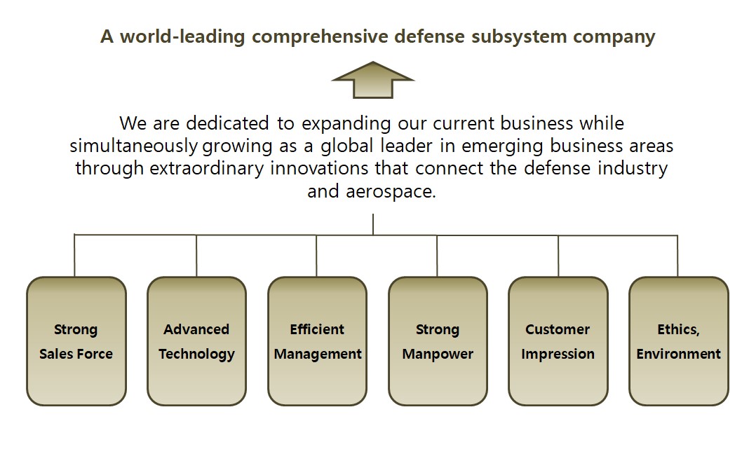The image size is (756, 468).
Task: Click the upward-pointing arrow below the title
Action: [x=372, y=80]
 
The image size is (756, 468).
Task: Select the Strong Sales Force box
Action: [x=76, y=341]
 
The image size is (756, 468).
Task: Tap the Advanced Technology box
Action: [x=196, y=341]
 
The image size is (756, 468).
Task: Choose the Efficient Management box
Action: [x=317, y=341]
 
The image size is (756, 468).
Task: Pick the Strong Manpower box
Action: [x=438, y=341]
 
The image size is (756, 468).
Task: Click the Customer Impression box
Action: [x=558, y=341]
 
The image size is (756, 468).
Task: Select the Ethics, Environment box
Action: [x=678, y=341]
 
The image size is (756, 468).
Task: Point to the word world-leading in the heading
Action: [x=182, y=37]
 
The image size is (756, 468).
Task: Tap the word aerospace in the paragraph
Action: [x=390, y=192]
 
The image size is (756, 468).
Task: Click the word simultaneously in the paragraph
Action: [x=133, y=146]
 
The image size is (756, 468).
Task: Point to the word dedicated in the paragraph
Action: [x=227, y=123]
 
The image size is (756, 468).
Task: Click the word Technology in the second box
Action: [x=196, y=355]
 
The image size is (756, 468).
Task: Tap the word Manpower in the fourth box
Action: [x=438, y=355]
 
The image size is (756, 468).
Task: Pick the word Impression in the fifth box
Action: [x=558, y=355]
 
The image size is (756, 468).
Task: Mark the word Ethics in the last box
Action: [x=677, y=329]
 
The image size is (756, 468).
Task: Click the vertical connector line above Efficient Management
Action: [x=316, y=256]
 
